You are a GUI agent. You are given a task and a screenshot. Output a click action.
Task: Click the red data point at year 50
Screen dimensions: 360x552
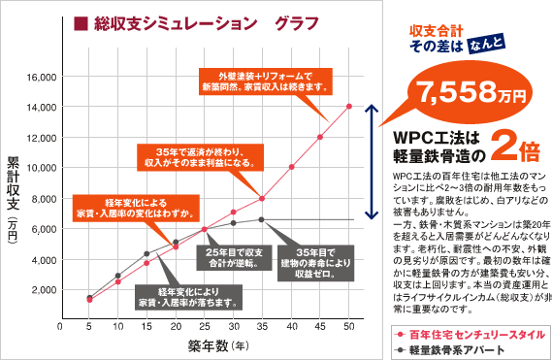[349, 106]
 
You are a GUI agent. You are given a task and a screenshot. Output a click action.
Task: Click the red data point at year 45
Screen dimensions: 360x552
[320, 137]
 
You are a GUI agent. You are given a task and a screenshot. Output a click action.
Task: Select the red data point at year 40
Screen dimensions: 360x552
[291, 167]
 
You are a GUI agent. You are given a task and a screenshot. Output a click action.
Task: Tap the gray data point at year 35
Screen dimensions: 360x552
[262, 220]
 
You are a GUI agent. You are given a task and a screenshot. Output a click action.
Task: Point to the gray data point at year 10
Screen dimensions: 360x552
[118, 276]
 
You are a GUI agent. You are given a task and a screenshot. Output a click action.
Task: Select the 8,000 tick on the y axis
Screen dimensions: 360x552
[42, 198]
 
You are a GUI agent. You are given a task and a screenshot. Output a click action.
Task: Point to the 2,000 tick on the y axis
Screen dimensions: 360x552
[42, 289]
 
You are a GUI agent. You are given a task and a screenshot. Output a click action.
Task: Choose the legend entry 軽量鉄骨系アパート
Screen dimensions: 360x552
[450, 349]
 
